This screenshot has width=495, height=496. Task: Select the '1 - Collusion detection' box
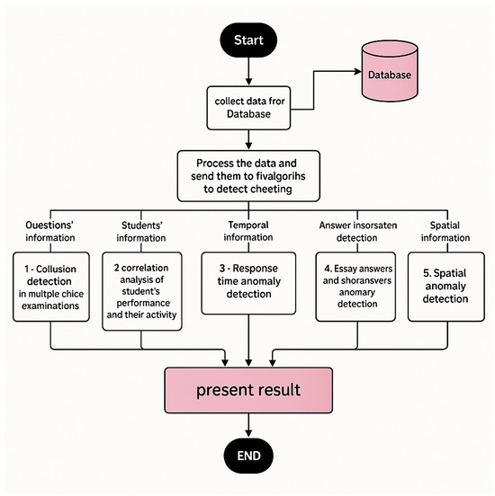coord(51,287)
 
